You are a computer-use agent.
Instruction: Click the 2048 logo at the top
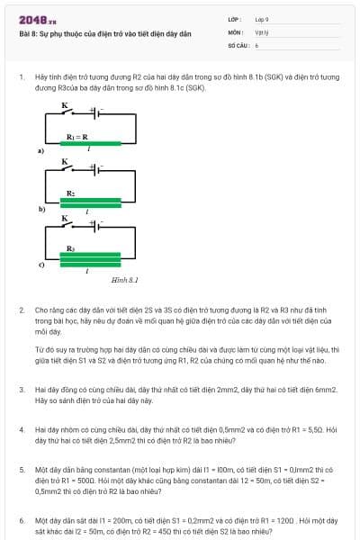tap(37, 20)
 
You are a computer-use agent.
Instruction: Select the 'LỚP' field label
tap(234, 19)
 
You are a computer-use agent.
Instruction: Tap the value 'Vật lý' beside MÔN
tap(262, 31)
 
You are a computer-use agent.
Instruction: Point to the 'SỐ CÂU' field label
tap(238, 44)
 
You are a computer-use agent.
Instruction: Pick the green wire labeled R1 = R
tap(88, 143)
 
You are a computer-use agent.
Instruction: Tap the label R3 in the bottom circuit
tap(70, 247)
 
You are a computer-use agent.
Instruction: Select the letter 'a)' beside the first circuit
tap(40, 151)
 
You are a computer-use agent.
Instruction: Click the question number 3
tap(22, 390)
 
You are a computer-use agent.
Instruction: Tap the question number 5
tap(22, 469)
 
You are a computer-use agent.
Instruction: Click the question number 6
tap(22, 519)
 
